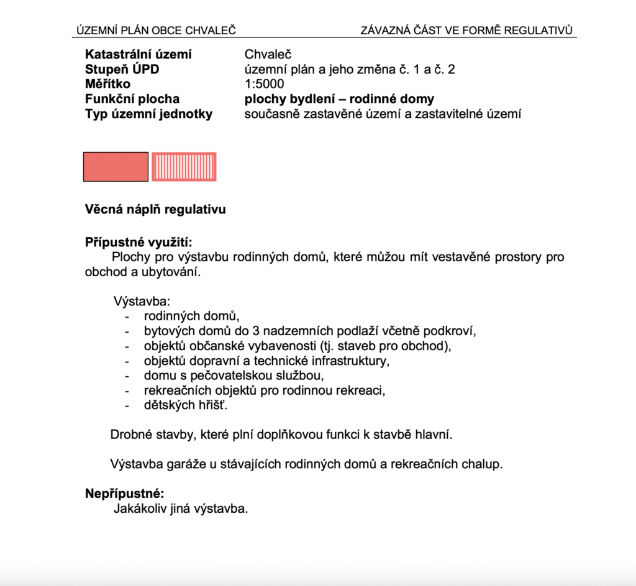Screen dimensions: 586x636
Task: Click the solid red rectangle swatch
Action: click(x=116, y=166)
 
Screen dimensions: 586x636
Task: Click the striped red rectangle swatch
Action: click(x=184, y=166)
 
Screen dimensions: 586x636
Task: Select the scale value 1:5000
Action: click(x=264, y=84)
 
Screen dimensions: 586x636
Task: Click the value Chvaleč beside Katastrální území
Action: click(x=268, y=54)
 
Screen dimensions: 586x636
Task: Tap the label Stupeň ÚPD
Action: click(x=122, y=69)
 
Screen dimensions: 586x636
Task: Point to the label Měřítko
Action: click(x=108, y=84)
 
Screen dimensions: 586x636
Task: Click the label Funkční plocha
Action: click(x=132, y=99)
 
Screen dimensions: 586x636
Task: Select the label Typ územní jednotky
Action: click(x=148, y=114)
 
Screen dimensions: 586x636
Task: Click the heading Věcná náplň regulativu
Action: click(x=155, y=209)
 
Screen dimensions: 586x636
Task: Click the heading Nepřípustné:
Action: click(x=124, y=494)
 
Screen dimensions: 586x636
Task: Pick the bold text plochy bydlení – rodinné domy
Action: click(x=340, y=99)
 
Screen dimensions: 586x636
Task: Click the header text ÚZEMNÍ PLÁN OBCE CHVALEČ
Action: click(x=156, y=30)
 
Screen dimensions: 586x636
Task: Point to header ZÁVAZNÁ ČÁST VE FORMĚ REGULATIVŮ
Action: click(x=466, y=30)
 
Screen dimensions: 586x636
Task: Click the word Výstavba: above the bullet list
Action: click(x=142, y=302)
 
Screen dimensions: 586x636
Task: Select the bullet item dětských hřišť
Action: click(x=182, y=406)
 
